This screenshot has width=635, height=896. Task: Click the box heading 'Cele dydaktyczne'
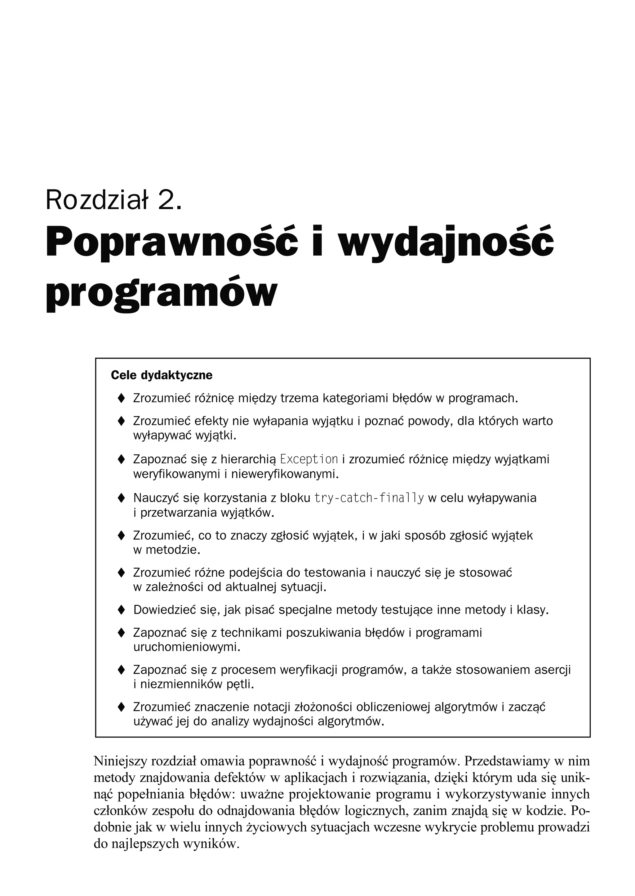162,376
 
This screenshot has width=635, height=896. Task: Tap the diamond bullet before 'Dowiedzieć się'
121,610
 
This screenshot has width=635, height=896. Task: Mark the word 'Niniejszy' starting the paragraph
119,761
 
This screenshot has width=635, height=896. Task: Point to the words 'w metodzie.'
167,550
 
